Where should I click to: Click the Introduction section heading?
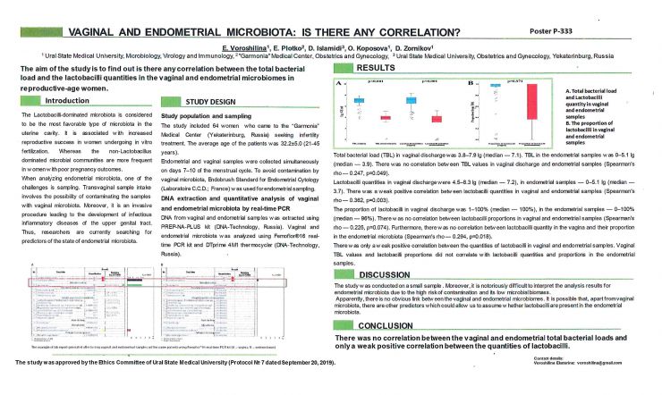coord(70,101)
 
